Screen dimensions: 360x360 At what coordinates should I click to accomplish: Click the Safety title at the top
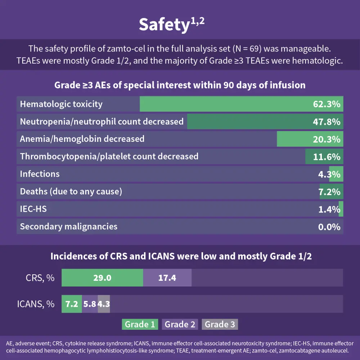(x=172, y=24)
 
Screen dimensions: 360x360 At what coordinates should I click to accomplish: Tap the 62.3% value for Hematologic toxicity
(x=327, y=104)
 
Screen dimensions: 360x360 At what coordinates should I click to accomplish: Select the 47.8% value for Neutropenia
(x=327, y=122)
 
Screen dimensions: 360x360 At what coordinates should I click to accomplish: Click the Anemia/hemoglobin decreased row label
(x=82, y=139)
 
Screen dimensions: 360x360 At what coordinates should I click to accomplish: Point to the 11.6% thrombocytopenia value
(x=327, y=157)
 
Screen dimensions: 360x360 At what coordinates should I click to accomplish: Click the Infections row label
(x=40, y=174)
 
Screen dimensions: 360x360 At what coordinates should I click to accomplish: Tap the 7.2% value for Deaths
(x=329, y=192)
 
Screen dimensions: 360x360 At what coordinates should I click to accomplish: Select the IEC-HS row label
(x=33, y=209)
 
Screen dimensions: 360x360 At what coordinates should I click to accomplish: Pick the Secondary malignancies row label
(x=68, y=226)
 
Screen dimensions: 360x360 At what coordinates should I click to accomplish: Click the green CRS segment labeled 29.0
(x=102, y=278)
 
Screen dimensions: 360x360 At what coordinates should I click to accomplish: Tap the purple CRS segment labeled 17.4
(x=167, y=278)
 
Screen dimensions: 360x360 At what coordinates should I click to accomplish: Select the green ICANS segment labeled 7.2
(x=72, y=304)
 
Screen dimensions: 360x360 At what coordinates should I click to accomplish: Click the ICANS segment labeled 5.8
(x=90, y=304)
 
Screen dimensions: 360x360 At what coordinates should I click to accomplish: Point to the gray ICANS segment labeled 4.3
(x=104, y=304)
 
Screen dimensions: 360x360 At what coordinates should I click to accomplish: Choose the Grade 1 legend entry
(x=140, y=324)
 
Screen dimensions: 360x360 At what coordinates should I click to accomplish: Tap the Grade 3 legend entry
(x=220, y=324)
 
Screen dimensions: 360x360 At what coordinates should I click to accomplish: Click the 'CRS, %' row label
(x=40, y=278)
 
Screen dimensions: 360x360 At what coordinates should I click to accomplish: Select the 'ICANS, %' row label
(x=36, y=304)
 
